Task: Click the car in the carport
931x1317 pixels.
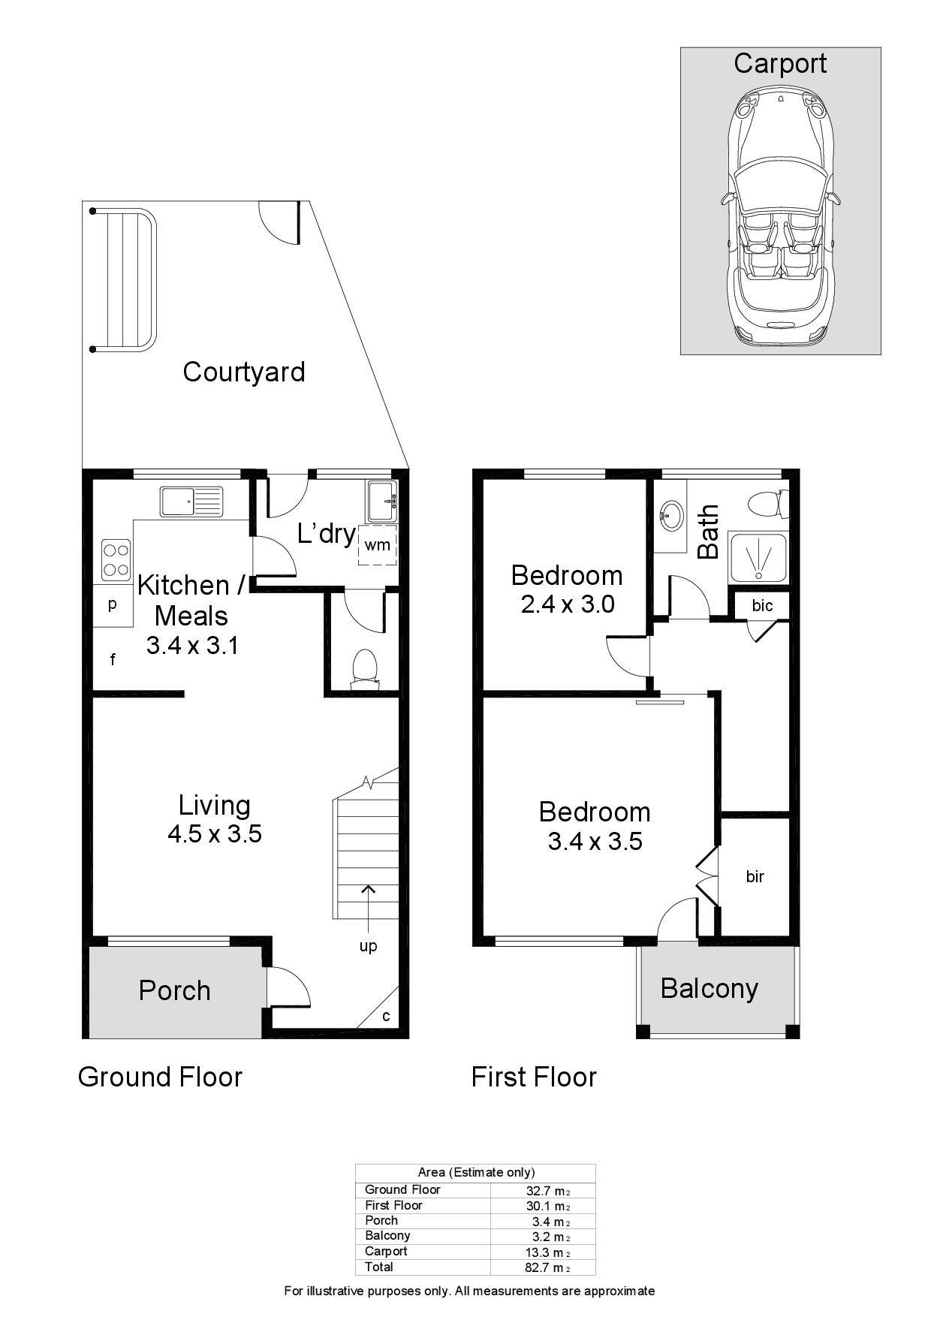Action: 780,217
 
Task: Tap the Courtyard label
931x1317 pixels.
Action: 244,372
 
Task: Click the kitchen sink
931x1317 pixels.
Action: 191,502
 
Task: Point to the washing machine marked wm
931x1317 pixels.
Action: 378,544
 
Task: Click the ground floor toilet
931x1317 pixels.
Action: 365,668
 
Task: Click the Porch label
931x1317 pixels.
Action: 175,990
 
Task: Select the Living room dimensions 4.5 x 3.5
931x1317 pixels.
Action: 215,833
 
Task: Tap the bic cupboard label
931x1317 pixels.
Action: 762,605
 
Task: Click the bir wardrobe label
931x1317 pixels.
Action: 755,876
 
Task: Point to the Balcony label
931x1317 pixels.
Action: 710,988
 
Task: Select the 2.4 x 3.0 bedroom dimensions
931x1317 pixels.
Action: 568,604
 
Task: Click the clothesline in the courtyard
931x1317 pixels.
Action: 123,280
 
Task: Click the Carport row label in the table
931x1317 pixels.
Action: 386,1251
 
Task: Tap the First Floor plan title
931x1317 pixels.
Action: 534,1077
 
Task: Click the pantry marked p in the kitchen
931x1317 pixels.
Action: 113,605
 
